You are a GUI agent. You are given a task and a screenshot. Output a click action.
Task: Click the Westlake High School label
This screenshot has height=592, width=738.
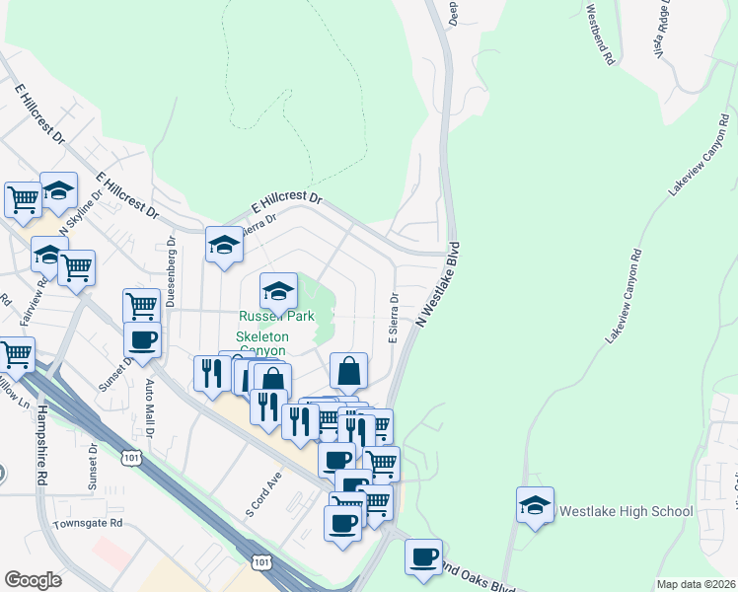click(627, 511)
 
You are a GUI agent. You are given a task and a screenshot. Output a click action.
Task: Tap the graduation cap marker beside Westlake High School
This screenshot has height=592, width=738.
click(535, 507)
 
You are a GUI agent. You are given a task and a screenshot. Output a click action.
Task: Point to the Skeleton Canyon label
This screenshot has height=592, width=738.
click(262, 343)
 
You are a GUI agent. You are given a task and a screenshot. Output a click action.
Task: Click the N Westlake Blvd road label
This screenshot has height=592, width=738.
click(439, 283)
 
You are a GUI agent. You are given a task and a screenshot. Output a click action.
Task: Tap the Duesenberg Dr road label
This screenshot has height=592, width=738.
click(170, 270)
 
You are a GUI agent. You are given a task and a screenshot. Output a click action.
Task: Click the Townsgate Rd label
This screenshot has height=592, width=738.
click(88, 523)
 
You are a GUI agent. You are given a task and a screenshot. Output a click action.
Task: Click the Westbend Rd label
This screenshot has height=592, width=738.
click(600, 35)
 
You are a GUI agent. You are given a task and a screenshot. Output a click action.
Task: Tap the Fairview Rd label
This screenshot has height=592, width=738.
click(41, 295)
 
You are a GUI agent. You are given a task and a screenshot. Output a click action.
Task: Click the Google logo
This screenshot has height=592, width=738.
click(33, 580)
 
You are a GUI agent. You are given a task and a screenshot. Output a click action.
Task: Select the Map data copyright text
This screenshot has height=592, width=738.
click(695, 584)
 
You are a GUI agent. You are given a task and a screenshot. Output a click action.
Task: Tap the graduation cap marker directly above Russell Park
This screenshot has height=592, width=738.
click(278, 291)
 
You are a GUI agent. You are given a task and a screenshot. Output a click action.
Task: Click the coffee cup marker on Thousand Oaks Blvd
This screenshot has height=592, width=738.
click(424, 557)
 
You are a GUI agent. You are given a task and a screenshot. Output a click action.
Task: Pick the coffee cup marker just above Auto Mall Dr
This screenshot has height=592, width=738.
click(142, 340)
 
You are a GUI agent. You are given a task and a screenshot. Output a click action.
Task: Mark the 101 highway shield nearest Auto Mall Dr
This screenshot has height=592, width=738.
click(131, 458)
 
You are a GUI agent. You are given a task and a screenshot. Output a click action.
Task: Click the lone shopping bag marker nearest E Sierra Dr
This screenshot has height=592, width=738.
click(348, 371)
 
